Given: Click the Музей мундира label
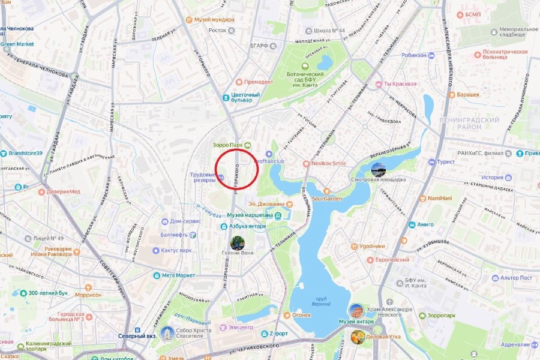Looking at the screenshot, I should [214, 19].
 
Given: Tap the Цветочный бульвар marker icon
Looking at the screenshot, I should [226, 97].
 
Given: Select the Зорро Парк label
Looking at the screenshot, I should [227, 145].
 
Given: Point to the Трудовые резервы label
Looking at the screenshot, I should [202, 178].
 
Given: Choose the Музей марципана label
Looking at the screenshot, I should [250, 215].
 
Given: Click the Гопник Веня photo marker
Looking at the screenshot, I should [238, 243].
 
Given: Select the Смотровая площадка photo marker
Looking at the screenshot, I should [379, 170].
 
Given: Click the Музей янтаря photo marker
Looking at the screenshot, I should [356, 311].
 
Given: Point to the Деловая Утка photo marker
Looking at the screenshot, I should [358, 337].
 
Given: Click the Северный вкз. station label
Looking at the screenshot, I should [137, 336].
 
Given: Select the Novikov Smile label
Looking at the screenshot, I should [328, 163].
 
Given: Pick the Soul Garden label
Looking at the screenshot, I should [326, 199].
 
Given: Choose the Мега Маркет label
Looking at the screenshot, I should [178, 275].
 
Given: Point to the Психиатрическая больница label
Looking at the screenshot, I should [505, 55].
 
